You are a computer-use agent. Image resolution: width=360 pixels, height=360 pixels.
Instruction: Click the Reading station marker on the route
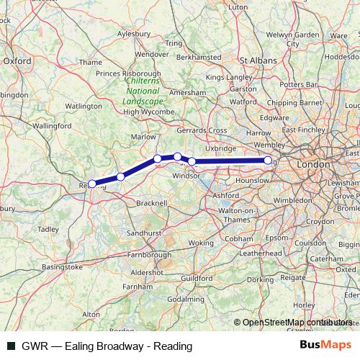[91, 184]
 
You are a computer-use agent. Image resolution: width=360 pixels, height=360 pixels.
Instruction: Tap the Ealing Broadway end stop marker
[268, 161]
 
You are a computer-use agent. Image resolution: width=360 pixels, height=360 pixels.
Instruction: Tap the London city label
[312, 165]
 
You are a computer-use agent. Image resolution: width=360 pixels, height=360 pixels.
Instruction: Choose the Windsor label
[186, 175]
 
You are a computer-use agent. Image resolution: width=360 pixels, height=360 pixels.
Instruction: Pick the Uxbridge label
[221, 147]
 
